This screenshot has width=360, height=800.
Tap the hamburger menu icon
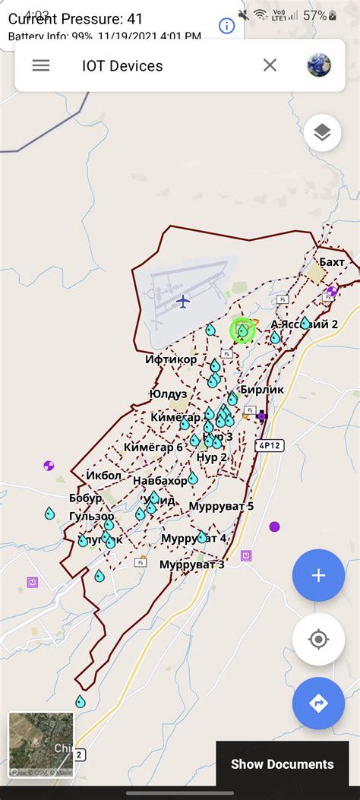pyautogui.click(x=41, y=65)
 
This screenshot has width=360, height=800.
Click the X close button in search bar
pyautogui.click(x=270, y=65)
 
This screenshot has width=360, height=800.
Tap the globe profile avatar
pyautogui.click(x=319, y=65)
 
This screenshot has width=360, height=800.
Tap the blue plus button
pyautogui.click(x=318, y=575)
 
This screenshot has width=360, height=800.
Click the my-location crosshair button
pyautogui.click(x=318, y=639)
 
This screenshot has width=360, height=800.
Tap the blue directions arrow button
pyautogui.click(x=318, y=704)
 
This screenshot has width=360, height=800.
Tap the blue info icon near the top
pyautogui.click(x=226, y=26)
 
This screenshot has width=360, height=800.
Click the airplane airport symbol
pyautogui.click(x=182, y=302)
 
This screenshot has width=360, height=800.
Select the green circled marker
pyautogui.click(x=242, y=330)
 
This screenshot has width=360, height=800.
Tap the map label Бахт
pyautogui.click(x=332, y=262)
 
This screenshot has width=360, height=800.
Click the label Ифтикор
pyautogui.click(x=172, y=359)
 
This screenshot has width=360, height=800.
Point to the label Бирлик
pyautogui.click(x=264, y=389)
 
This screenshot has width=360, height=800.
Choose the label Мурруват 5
pyautogui.click(x=221, y=506)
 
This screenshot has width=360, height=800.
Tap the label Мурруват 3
pyautogui.click(x=192, y=564)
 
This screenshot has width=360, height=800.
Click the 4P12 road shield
pyautogui.click(x=269, y=446)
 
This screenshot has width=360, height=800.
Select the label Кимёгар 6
pyautogui.click(x=153, y=447)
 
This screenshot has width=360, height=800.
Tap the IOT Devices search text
pyautogui.click(x=122, y=66)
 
